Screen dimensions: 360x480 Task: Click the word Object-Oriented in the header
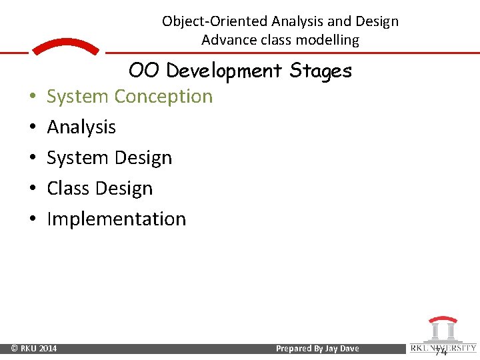coord(215,21)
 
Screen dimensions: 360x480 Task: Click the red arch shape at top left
coord(65,47)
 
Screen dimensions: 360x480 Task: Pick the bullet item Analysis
coord(81,127)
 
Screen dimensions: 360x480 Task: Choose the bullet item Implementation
coord(116,219)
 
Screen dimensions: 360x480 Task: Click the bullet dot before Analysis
coord(33,127)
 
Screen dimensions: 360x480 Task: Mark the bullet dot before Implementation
coord(33,219)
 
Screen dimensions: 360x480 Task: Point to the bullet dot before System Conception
coord(33,97)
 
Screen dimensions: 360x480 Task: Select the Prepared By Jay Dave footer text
coord(317,349)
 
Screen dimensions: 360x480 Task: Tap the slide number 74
coord(441,351)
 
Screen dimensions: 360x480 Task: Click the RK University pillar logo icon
coord(443,330)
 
